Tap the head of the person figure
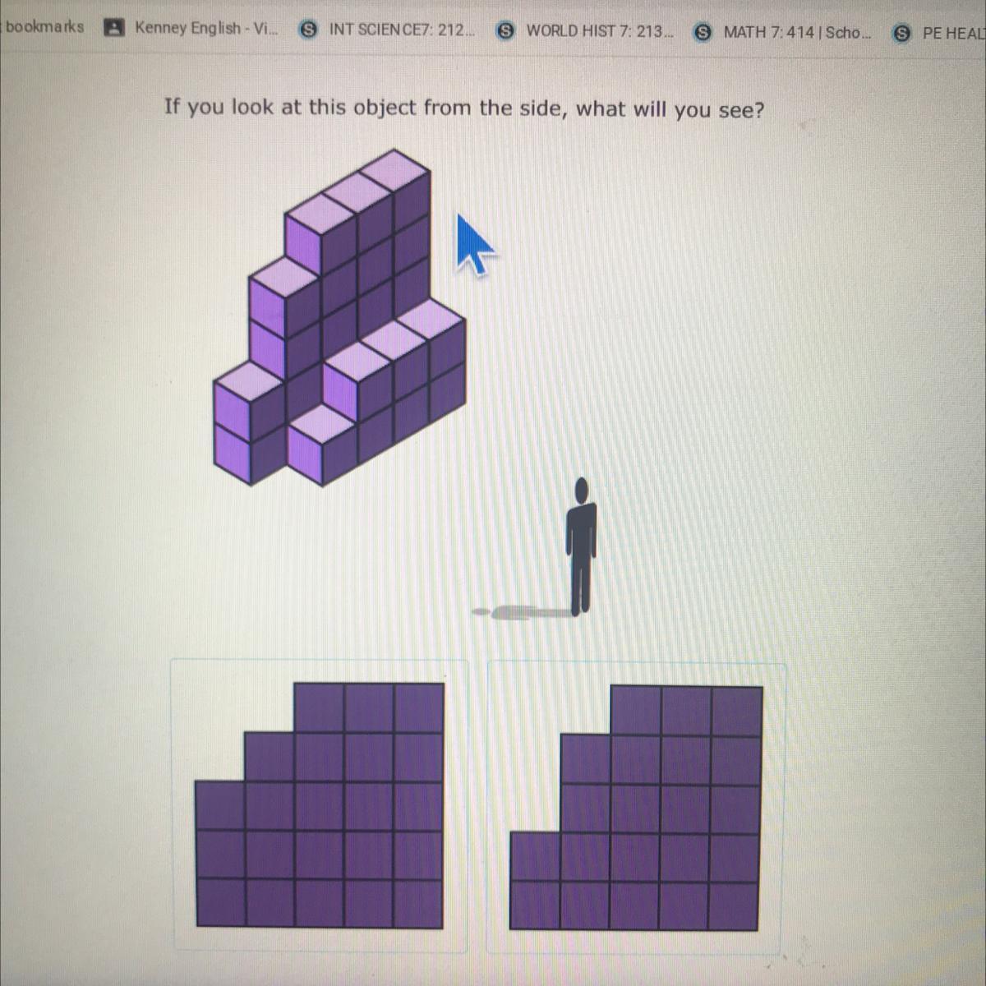tap(581, 491)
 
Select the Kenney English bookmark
tap(192, 28)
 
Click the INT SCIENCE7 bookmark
tap(387, 30)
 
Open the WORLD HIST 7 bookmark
tap(585, 31)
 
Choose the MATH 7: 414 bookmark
tap(782, 32)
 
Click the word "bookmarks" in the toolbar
tap(45, 26)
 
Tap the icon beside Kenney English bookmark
tap(113, 28)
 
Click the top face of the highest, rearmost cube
tap(394, 169)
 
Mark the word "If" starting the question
tap(172, 106)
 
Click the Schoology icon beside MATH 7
tap(703, 32)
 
